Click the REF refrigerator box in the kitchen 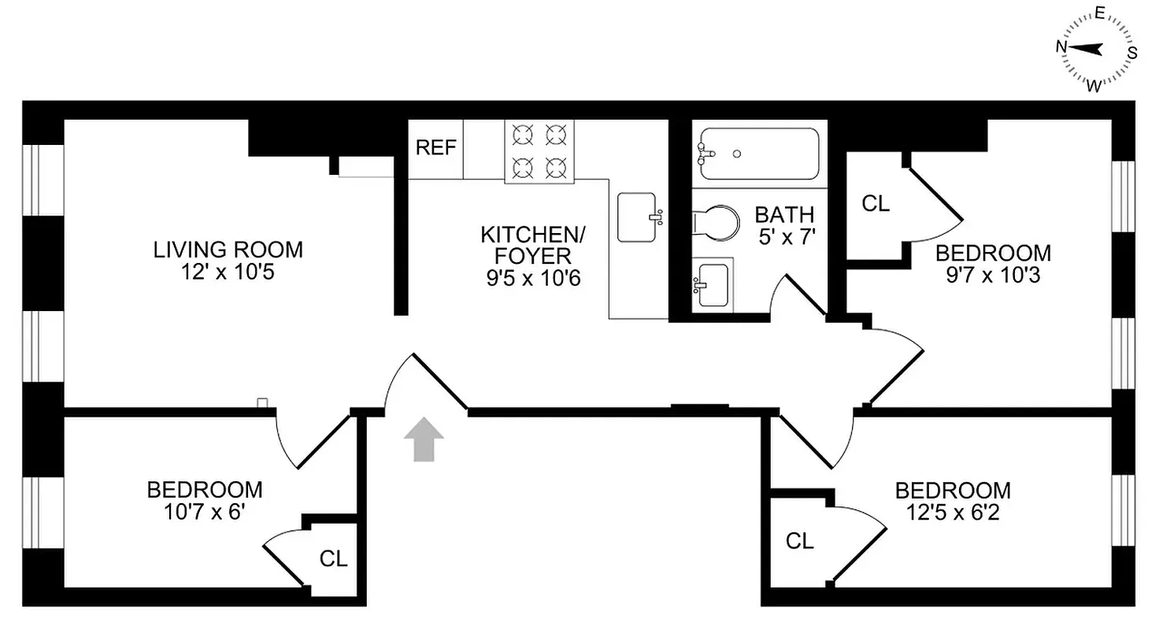coord(435,149)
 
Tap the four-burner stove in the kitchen coord(539,150)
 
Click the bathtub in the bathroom coord(756,154)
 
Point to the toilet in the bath coord(717,221)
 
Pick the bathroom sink coord(713,283)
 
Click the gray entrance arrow coord(423,439)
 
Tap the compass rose coord(1096,49)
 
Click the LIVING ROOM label coord(228,250)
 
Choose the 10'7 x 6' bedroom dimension coord(204,511)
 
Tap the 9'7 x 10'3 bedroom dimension coord(993,276)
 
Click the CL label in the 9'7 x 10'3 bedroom coord(876,204)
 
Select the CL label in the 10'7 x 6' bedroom coord(333,559)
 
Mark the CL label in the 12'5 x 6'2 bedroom coord(799,541)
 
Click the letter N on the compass coord(1061,46)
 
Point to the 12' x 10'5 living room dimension coord(228,272)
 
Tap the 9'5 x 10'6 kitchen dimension coord(533,278)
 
